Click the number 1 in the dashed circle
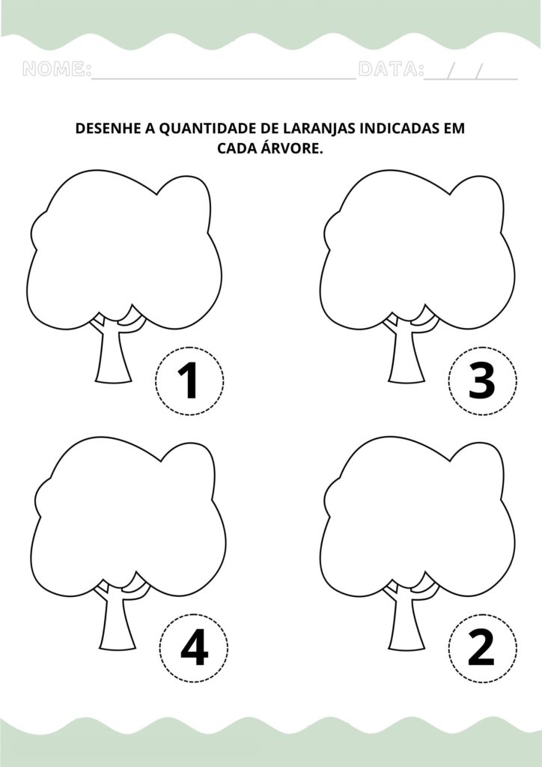tap(188, 381)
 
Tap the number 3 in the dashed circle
tap(482, 381)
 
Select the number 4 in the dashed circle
tap(195, 648)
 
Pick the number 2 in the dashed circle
tap(481, 648)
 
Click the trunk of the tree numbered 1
tap(113, 354)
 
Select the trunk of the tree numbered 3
tap(406, 354)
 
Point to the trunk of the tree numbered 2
tap(406, 620)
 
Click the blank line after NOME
tap(223, 78)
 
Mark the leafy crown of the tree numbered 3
tap(418, 249)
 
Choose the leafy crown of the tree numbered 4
tap(128, 517)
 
